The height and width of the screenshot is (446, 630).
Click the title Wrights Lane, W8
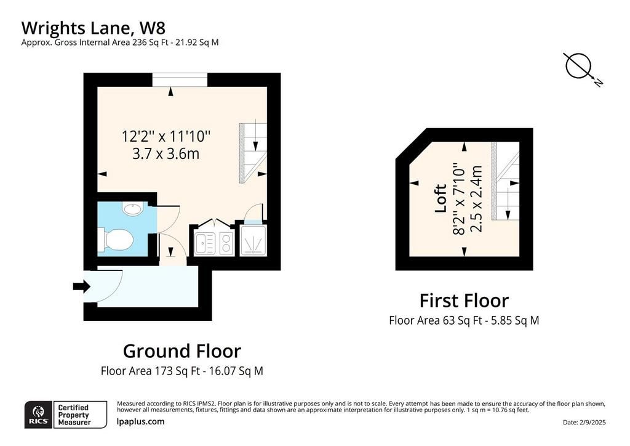[x=94, y=28]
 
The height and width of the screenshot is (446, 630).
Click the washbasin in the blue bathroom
[x=132, y=209]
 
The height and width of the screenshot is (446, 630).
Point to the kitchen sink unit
[x=205, y=244]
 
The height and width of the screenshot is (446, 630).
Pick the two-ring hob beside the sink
[x=226, y=244]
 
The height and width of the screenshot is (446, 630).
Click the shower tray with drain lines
[x=253, y=240]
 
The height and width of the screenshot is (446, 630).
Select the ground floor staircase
[x=253, y=153]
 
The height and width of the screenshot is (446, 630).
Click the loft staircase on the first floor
[x=506, y=181]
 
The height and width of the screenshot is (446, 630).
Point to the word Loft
[x=441, y=198]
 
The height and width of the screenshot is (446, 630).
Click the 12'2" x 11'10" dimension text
[x=166, y=136]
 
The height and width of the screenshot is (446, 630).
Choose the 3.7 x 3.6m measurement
[x=166, y=154]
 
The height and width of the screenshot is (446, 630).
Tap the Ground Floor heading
[x=182, y=351]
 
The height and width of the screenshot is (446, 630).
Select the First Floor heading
[x=464, y=301]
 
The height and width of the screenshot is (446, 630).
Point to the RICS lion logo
[x=39, y=415]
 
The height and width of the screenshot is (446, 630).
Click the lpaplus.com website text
[x=141, y=421]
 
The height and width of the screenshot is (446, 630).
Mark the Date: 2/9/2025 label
[x=584, y=422]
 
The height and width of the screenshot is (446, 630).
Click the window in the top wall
[x=180, y=79]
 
